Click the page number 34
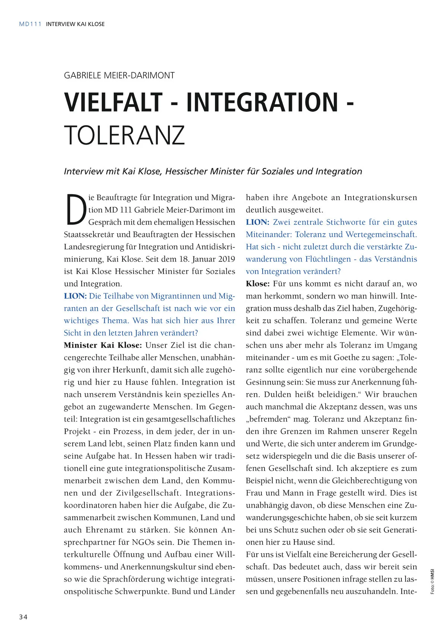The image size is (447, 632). [23, 617]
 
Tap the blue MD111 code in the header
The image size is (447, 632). [30, 24]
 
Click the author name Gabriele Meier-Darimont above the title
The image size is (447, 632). [119, 75]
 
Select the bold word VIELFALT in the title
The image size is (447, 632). [114, 102]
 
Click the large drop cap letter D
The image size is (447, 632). [76, 210]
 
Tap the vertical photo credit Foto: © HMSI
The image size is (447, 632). [432, 581]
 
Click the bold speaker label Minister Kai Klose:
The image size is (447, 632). [103, 345]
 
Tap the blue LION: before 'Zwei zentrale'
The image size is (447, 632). [257, 222]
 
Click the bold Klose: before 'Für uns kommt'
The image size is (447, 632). [257, 284]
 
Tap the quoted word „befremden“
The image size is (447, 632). [268, 419]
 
